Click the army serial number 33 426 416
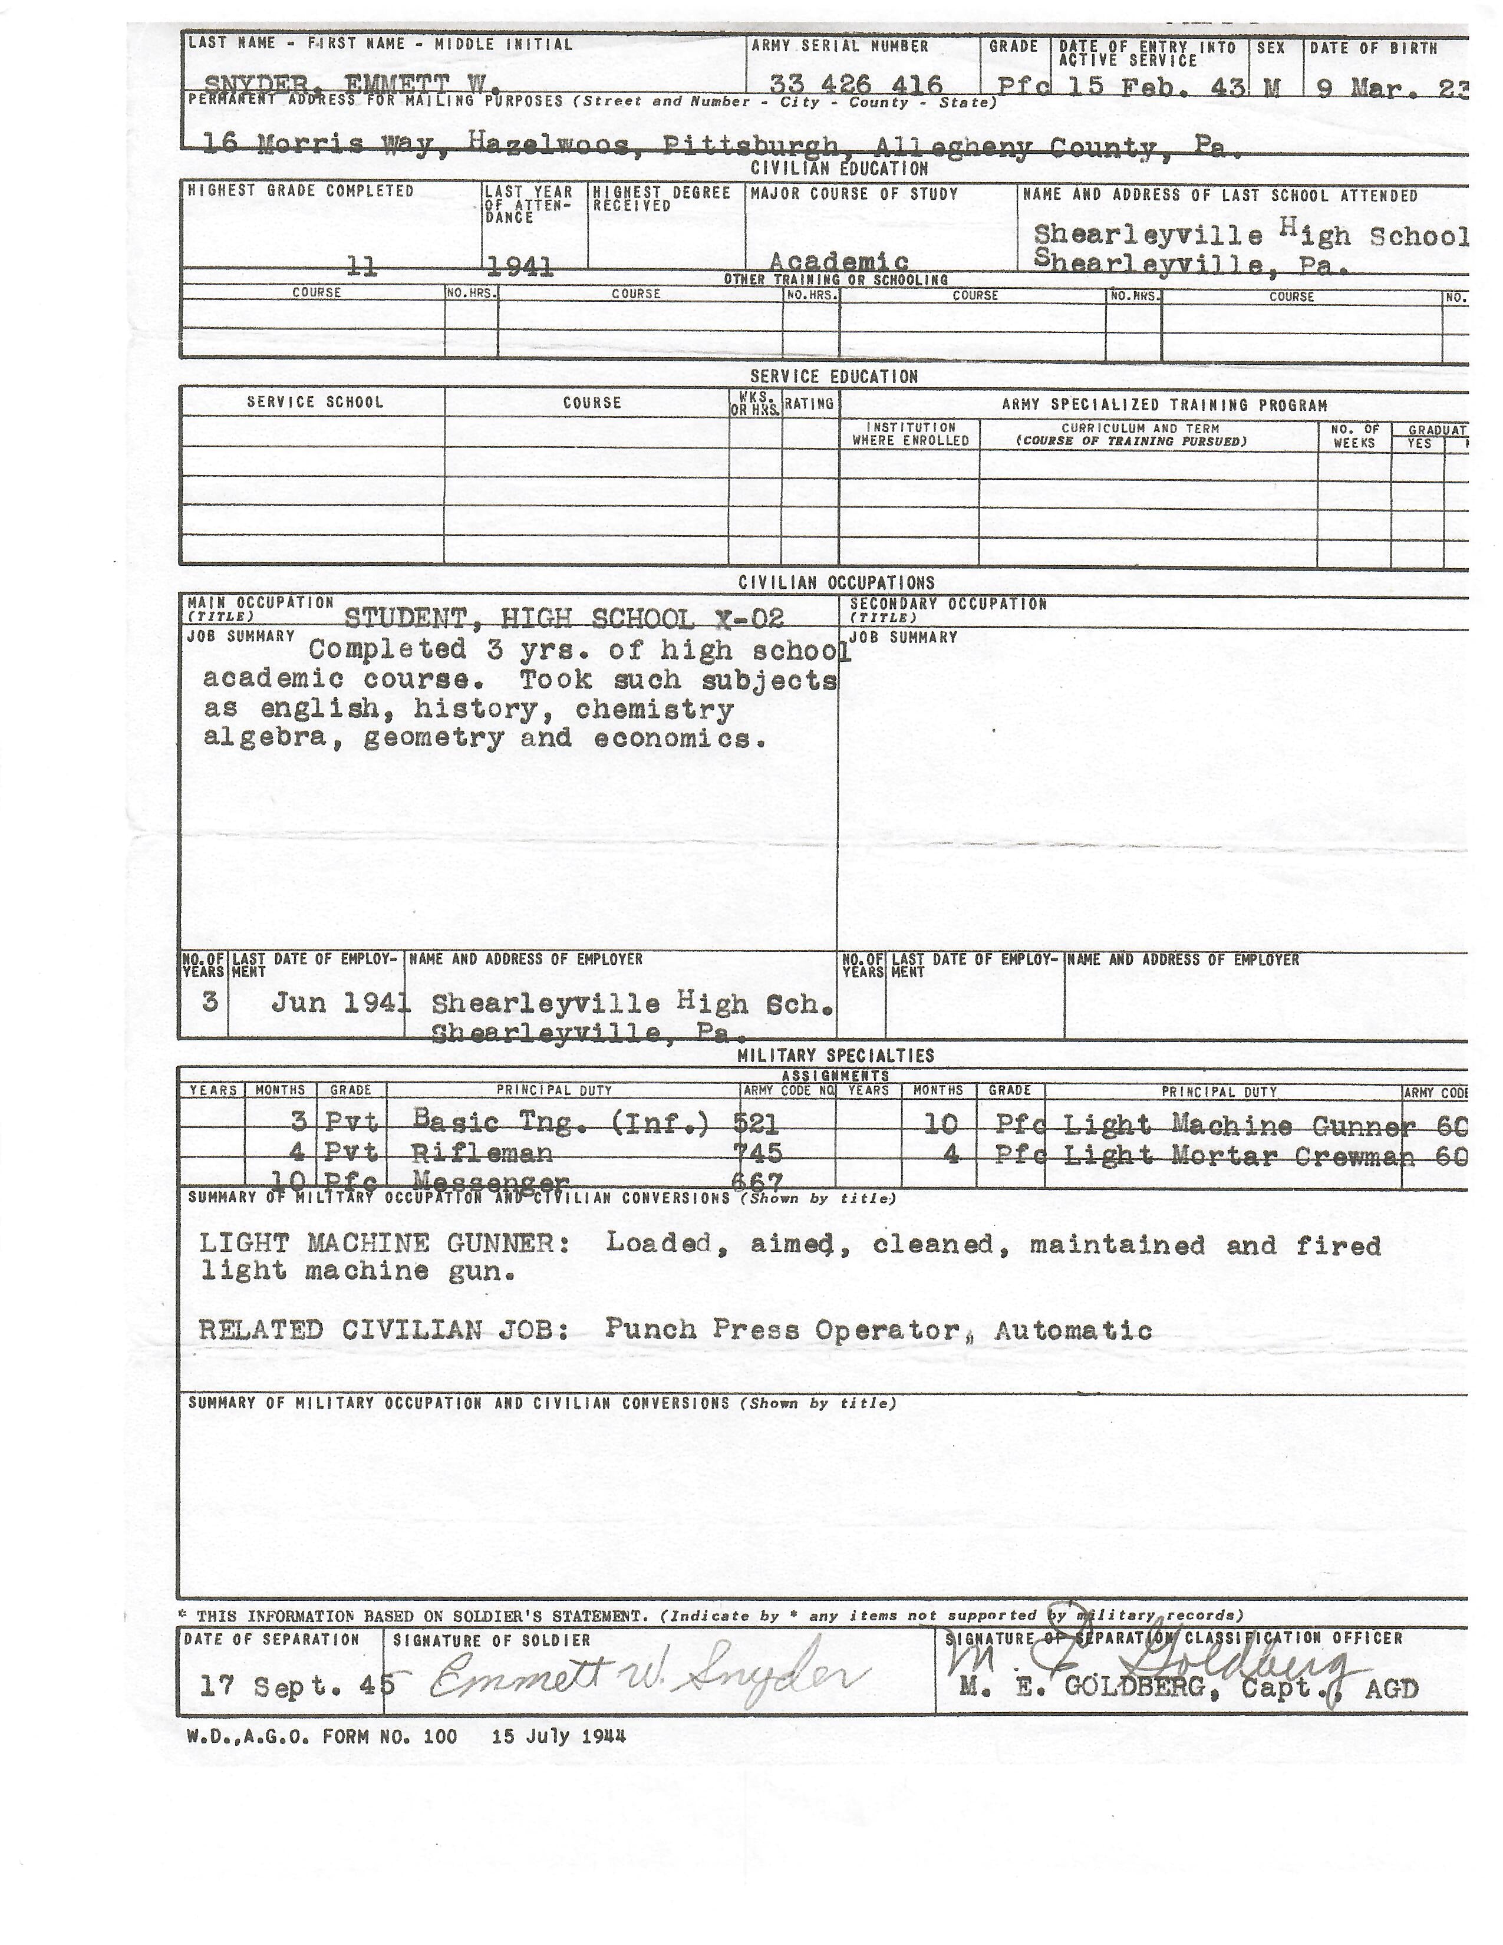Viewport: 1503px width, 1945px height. click(x=856, y=85)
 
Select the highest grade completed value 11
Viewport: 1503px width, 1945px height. click(x=362, y=265)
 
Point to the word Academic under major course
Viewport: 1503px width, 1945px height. click(x=838, y=262)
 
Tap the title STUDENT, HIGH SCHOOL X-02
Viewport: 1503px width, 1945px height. click(x=563, y=618)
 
